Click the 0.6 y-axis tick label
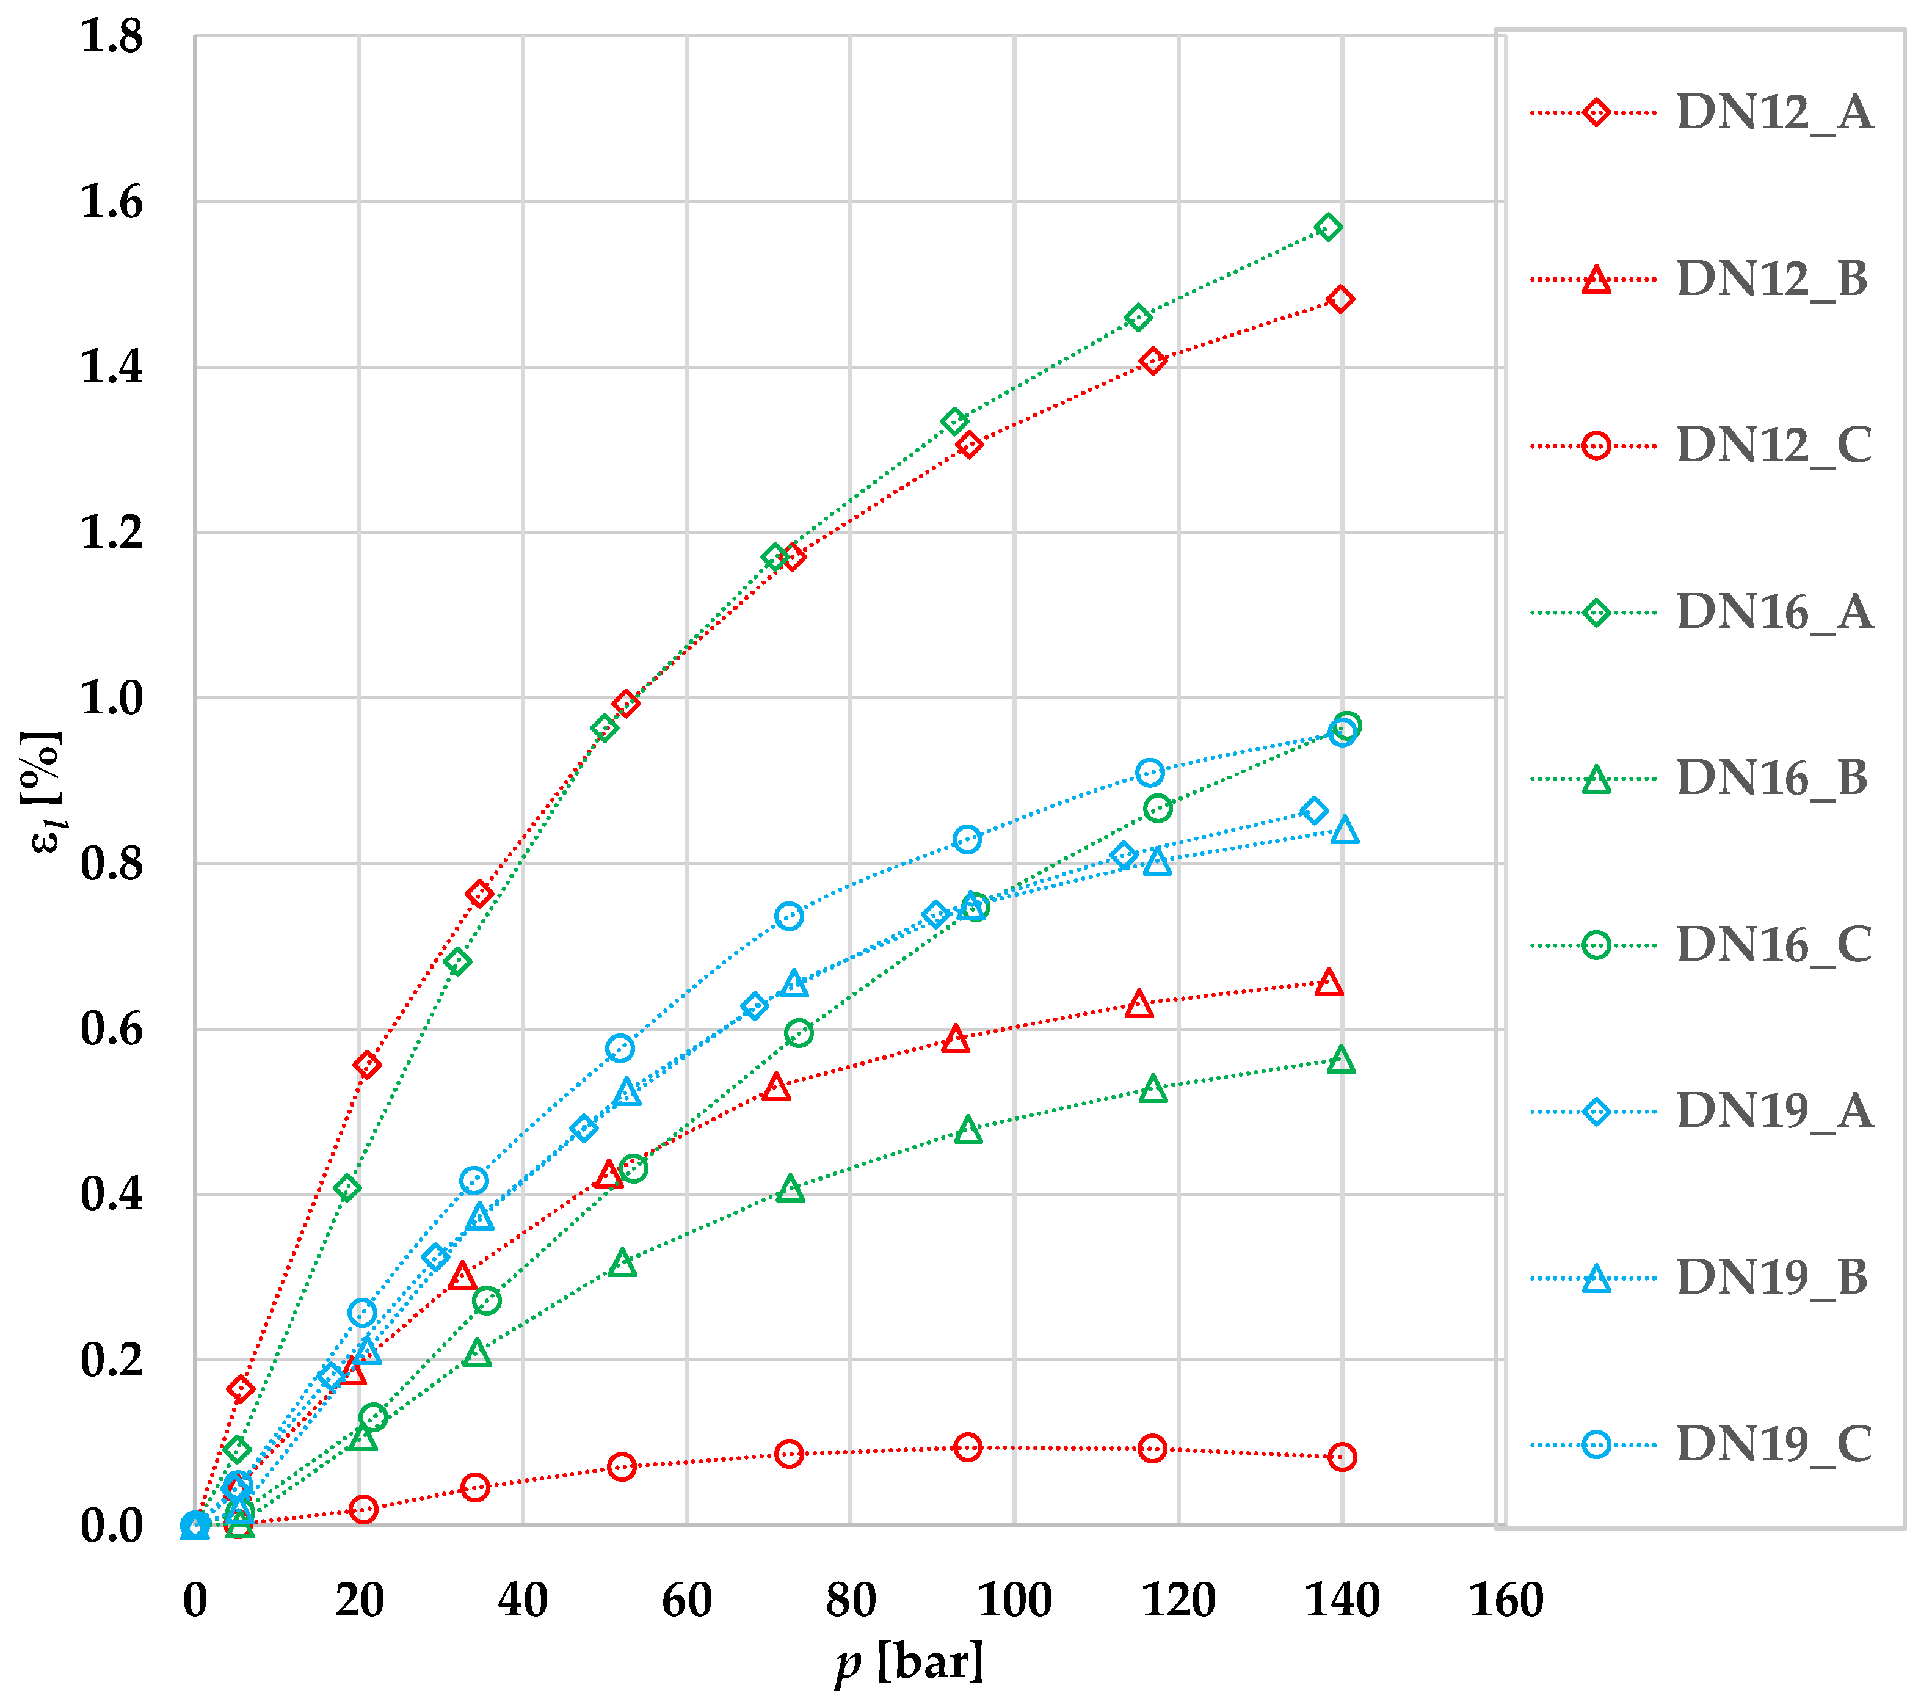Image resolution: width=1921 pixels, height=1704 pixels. coord(112,1029)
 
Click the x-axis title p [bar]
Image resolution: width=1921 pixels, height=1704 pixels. coord(909,1662)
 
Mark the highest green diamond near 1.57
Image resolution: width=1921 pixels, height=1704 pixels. coord(1328,227)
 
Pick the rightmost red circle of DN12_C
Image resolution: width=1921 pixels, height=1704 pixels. coord(1342,1457)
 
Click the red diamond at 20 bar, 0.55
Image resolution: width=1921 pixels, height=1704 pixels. coord(366,1065)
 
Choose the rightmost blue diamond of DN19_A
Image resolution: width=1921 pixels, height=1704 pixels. coord(1315,810)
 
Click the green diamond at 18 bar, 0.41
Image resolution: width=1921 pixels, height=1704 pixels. coord(347,1188)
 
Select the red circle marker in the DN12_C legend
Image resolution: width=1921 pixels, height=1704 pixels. coord(1596,445)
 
